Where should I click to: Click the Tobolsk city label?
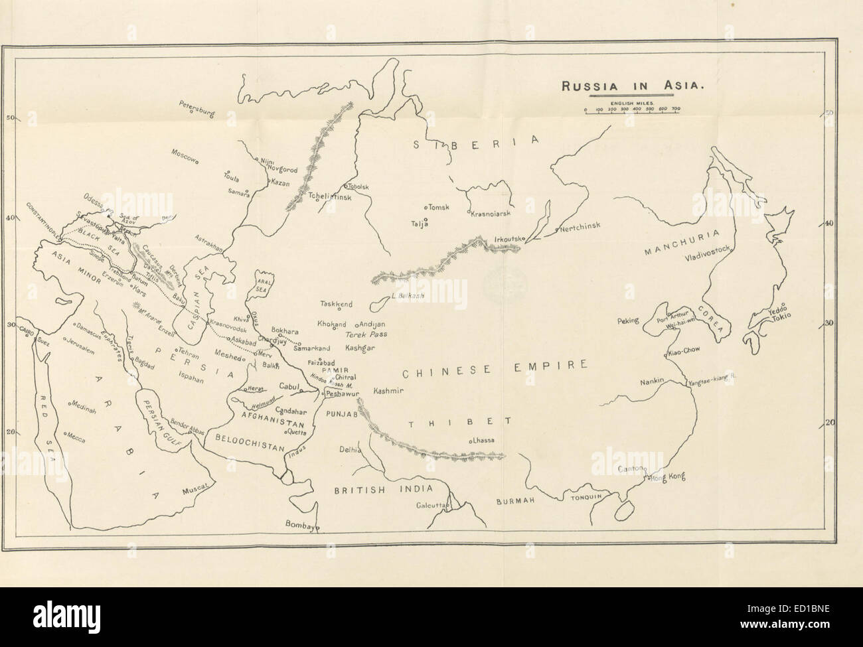[x=357, y=187]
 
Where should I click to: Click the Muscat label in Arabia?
[x=195, y=488]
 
